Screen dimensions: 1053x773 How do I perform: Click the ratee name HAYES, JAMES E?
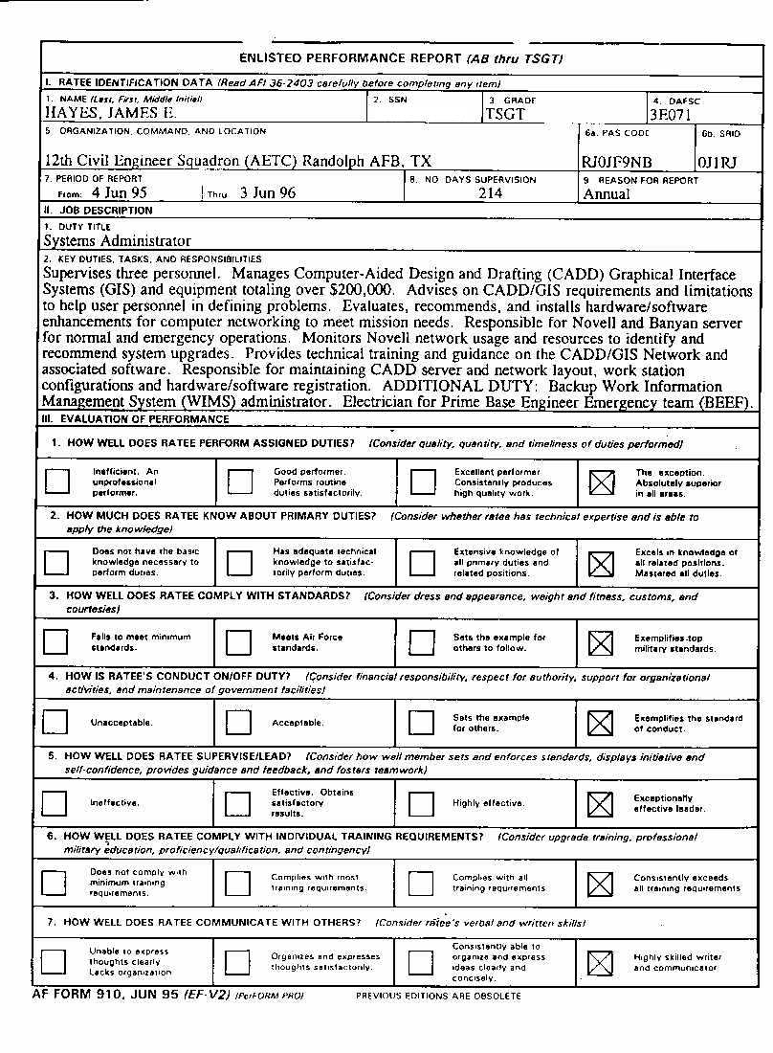click(110, 113)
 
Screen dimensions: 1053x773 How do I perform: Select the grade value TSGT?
click(505, 114)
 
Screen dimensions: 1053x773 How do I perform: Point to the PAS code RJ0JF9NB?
click(617, 162)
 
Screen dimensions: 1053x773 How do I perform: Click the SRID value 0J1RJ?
click(718, 162)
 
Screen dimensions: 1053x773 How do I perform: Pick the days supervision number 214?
click(490, 193)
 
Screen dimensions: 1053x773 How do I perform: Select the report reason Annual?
click(607, 194)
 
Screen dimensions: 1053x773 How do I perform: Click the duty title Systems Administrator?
click(117, 241)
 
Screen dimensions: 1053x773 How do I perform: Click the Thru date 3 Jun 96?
click(268, 192)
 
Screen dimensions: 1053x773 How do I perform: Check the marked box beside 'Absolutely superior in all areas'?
click(601, 482)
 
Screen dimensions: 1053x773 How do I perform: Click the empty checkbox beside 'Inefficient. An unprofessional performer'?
click(57, 482)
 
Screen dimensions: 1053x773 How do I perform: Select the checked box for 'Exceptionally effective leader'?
click(600, 803)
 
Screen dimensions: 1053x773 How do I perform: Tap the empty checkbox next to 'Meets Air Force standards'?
click(239, 642)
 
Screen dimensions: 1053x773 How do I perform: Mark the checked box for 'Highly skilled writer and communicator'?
click(600, 962)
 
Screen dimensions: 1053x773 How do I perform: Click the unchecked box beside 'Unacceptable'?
click(56, 722)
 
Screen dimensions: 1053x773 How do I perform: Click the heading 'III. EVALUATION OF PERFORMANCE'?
click(136, 418)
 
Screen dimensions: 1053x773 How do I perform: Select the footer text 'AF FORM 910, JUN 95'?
click(105, 995)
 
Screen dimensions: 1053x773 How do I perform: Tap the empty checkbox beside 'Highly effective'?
click(421, 803)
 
